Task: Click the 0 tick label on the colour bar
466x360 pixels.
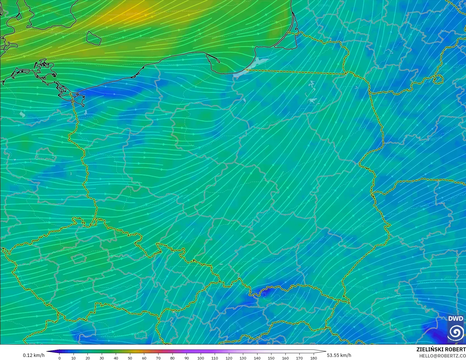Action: (x=59, y=358)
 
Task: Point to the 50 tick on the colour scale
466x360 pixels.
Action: (x=130, y=358)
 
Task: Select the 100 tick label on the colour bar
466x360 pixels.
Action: (x=200, y=358)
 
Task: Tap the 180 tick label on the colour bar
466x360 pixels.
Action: (x=314, y=358)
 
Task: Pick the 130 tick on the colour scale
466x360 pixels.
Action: (x=243, y=358)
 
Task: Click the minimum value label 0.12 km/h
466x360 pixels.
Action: (x=34, y=355)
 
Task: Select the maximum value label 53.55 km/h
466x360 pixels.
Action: (x=339, y=355)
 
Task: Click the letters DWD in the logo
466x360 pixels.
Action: (x=455, y=319)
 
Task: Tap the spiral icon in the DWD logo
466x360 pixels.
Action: (x=456, y=332)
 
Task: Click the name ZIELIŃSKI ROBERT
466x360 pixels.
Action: (x=441, y=349)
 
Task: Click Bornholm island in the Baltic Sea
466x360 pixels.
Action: (x=93, y=38)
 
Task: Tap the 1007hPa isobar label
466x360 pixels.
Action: (x=56, y=33)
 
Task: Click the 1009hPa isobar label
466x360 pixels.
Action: (x=68, y=60)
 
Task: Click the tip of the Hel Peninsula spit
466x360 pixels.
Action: (x=219, y=62)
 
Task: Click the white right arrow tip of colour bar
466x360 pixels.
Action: (x=325, y=351)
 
